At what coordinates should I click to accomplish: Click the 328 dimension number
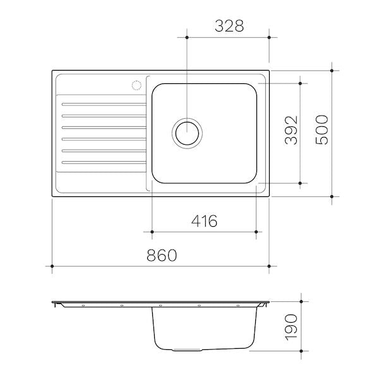click(229, 26)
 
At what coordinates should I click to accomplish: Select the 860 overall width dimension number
click(162, 255)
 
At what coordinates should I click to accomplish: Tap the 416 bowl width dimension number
click(204, 221)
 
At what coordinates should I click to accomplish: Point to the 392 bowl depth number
click(291, 130)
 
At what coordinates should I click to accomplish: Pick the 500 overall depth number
click(322, 129)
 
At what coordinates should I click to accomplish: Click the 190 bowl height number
click(291, 327)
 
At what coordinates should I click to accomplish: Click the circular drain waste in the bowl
click(187, 133)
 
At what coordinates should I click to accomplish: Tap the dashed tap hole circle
click(136, 85)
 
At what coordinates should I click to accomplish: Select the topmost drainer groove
click(104, 104)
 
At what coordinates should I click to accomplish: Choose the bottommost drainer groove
click(104, 162)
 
